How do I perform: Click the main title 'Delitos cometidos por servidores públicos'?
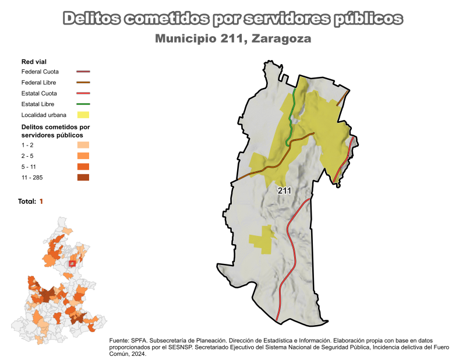point(232,18)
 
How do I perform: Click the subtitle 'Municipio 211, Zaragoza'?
point(233,39)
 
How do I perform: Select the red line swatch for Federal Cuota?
point(83,72)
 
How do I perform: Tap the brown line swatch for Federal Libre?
point(83,83)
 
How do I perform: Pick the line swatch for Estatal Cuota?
point(83,93)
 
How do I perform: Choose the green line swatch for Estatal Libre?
point(83,104)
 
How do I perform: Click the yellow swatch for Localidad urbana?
point(83,115)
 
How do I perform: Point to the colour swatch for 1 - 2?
point(83,145)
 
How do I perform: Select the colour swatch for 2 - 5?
point(83,156)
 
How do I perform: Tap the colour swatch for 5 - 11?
point(83,167)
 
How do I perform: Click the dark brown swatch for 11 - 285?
point(83,178)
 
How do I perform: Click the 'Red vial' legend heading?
point(34,61)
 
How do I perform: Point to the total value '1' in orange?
point(41,201)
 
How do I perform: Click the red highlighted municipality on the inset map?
point(72,263)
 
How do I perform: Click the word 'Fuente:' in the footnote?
point(119,340)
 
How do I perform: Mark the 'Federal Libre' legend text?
point(38,83)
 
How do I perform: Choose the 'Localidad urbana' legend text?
point(44,115)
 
